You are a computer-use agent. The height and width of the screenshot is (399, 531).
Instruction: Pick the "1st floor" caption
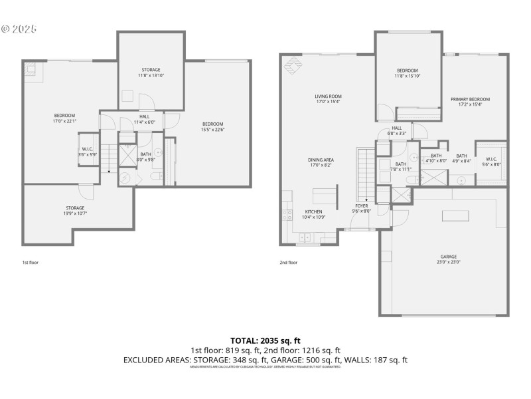(31, 263)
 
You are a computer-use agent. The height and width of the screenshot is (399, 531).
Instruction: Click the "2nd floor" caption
(288, 263)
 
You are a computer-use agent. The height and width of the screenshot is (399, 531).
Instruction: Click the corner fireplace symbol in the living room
(292, 66)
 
